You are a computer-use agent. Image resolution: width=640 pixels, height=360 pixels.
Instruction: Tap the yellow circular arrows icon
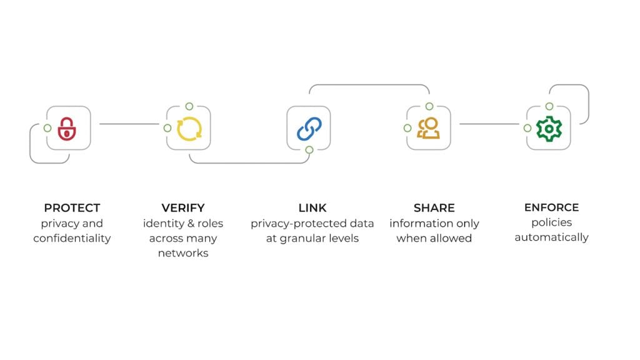[188, 129]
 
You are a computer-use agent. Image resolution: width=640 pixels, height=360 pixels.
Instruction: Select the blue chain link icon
[309, 129]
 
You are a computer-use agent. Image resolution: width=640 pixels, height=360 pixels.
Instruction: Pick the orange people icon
[429, 128]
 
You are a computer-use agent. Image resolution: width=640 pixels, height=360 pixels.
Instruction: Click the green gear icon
[549, 129]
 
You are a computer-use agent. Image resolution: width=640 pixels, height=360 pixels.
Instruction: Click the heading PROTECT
[72, 207]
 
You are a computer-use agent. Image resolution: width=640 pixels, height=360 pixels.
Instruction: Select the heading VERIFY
[183, 207]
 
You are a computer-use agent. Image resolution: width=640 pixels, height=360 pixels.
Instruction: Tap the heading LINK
[312, 207]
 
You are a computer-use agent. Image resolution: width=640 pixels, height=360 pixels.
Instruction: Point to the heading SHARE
[434, 207]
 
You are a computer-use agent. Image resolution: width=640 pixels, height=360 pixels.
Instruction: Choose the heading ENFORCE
[551, 207]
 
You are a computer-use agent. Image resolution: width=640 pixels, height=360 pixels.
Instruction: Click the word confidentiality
[72, 238]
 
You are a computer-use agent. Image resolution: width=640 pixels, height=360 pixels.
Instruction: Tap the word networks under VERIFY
[183, 253]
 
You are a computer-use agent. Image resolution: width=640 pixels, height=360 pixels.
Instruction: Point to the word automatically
[551, 237]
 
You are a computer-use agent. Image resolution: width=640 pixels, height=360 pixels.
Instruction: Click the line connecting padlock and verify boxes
[129, 124]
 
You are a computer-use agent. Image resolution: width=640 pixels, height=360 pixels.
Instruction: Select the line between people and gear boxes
[489, 124]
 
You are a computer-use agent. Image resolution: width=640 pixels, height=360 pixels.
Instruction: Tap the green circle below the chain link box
[309, 149]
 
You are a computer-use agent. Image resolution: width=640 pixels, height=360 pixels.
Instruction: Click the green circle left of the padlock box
[47, 128]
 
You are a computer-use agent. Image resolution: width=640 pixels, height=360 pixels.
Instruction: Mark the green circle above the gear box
[549, 106]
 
